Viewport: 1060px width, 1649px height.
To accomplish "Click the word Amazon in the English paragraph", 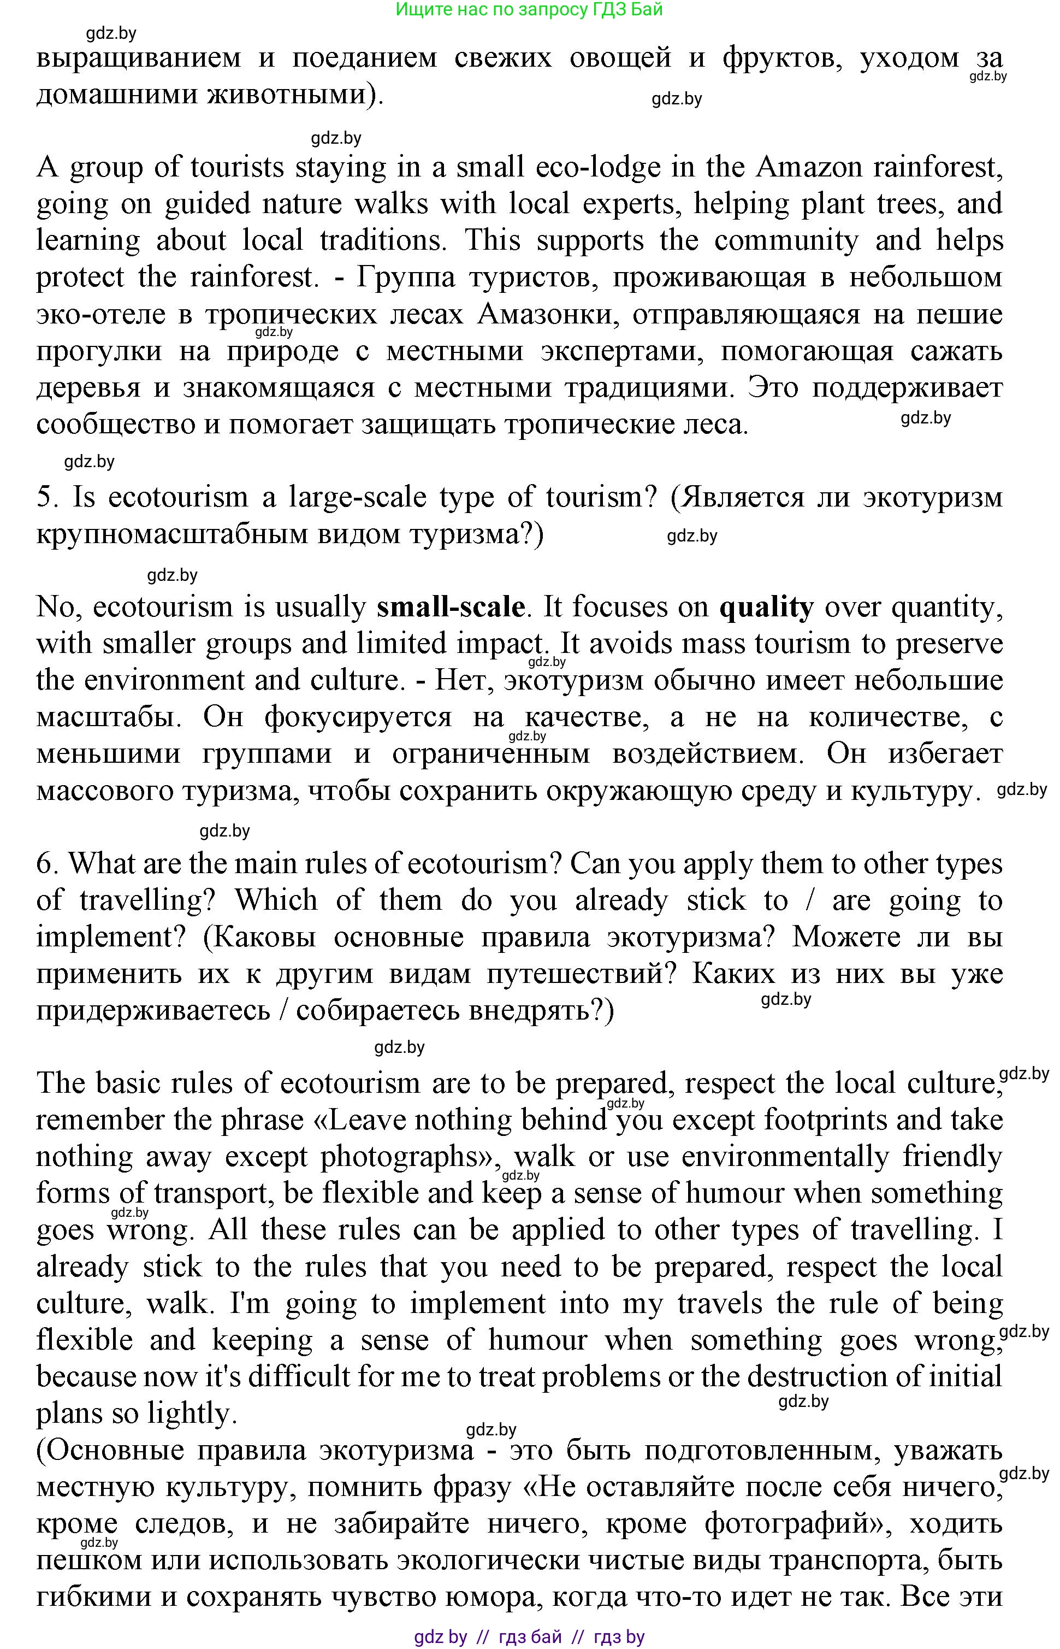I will point(809,167).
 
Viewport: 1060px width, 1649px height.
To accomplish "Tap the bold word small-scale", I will point(451,606).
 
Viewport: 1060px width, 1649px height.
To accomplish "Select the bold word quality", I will point(766,606).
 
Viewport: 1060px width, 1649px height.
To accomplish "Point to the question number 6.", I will point(49,863).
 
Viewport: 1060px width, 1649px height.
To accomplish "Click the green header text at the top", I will point(529,10).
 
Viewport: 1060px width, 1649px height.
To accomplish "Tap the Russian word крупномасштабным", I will point(169,534).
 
